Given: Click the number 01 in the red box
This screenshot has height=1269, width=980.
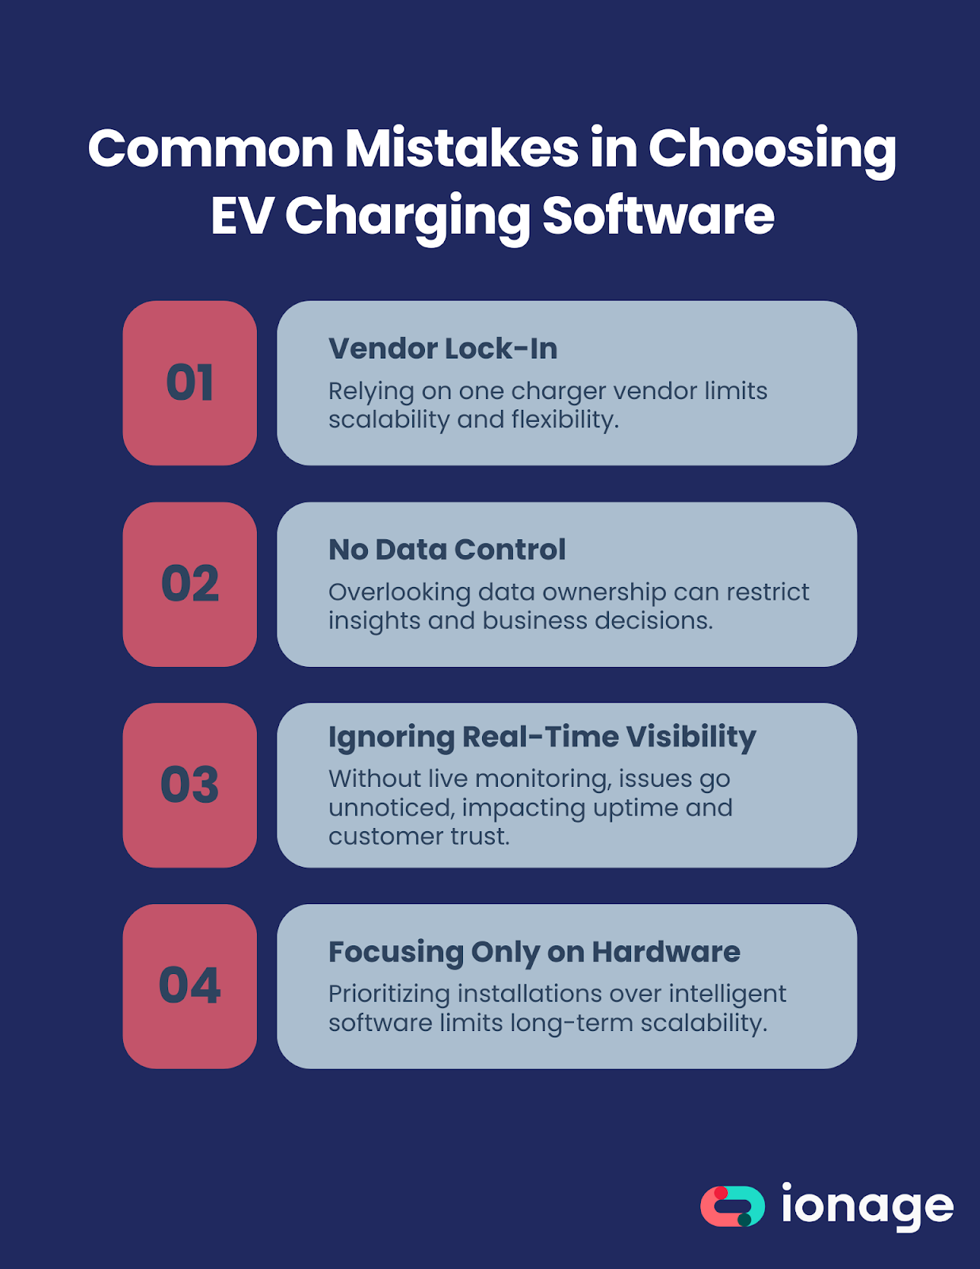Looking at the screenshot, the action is (x=189, y=383).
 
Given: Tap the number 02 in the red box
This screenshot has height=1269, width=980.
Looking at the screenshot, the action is (x=189, y=584).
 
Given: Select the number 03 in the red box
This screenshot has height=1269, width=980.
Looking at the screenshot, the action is (x=189, y=785).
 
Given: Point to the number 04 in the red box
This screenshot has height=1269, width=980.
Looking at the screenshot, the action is (x=189, y=986).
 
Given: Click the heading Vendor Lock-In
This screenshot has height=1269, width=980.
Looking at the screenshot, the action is (x=442, y=349).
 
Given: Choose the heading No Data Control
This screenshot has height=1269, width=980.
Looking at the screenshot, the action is (x=447, y=550).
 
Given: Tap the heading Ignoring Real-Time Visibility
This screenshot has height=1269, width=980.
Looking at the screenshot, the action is (x=542, y=737).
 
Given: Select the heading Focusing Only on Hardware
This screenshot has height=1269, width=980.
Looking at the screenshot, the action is (x=534, y=952).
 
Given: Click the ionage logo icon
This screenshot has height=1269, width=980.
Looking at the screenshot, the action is (x=733, y=1206).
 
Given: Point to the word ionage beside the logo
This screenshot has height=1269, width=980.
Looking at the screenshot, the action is (x=867, y=1206).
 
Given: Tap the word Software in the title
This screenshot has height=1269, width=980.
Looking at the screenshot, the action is (x=658, y=216).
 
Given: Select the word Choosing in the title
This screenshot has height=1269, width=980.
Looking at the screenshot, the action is (x=772, y=150).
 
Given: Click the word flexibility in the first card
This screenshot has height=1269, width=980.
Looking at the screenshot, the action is (x=565, y=420).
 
